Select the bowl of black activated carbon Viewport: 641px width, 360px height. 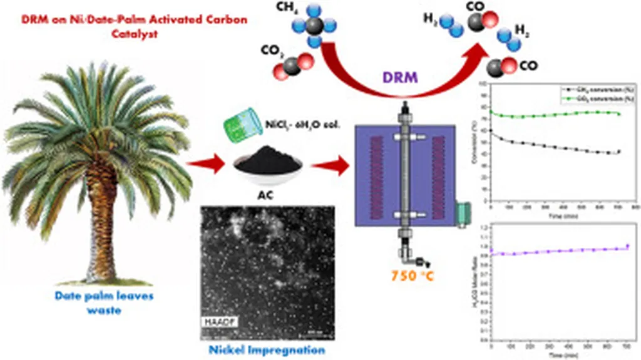[268, 162]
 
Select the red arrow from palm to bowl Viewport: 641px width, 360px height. [206, 166]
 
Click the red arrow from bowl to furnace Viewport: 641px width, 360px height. [330, 166]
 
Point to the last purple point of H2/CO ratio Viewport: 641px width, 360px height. [627, 246]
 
